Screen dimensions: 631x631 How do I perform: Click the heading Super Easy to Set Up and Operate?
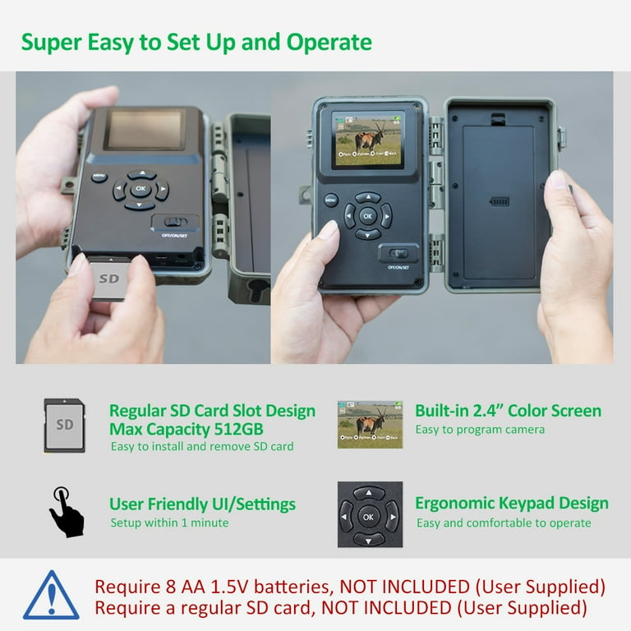tap(196, 42)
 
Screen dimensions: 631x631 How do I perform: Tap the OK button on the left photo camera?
tap(140, 189)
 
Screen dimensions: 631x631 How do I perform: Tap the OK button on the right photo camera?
tap(367, 215)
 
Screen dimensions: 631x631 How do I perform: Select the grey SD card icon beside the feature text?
tap(64, 425)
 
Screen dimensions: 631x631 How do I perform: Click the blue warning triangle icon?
tap(51, 596)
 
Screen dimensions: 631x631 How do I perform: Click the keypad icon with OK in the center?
tap(369, 515)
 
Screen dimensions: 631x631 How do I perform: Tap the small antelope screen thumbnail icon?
tap(370, 424)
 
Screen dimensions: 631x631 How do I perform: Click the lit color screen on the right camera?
tap(367, 138)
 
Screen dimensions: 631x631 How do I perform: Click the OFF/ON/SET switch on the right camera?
tap(398, 254)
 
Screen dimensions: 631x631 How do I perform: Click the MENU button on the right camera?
tap(331, 200)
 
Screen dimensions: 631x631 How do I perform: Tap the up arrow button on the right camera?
tap(367, 197)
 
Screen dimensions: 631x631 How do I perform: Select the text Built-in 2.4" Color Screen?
tap(508, 411)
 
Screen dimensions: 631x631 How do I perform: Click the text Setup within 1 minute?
tap(169, 523)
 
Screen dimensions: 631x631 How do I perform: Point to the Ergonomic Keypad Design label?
tap(511, 503)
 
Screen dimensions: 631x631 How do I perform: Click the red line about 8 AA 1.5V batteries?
tap(350, 587)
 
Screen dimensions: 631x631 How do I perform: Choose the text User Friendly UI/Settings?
tap(202, 504)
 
